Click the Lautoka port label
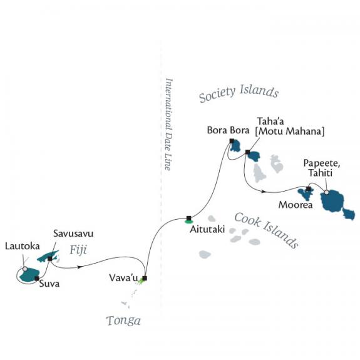click(23, 246)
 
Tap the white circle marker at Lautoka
click(25, 269)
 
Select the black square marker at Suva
click(37, 279)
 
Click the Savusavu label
click(73, 234)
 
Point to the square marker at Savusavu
click(50, 259)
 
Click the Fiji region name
click(78, 250)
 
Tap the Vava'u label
click(123, 278)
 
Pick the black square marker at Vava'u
click(145, 278)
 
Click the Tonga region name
click(123, 321)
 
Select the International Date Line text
click(169, 124)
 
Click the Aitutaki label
click(207, 229)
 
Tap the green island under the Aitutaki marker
click(188, 222)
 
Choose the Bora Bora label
click(228, 130)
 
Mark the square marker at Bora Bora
click(232, 141)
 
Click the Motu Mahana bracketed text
click(290, 131)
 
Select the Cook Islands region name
click(267, 230)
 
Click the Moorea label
click(296, 205)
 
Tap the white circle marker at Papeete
click(326, 192)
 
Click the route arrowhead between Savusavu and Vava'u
click(80, 267)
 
